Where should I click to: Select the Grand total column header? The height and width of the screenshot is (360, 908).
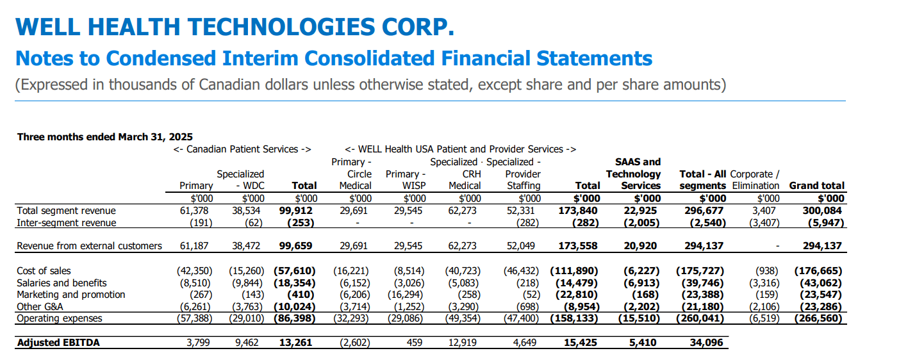(x=816, y=186)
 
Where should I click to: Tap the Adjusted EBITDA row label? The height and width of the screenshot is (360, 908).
(x=58, y=343)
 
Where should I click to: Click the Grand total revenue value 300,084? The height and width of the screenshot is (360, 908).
(x=823, y=211)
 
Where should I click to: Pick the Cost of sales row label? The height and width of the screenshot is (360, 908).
(x=44, y=271)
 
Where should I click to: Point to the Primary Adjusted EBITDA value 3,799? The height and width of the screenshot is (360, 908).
(x=199, y=343)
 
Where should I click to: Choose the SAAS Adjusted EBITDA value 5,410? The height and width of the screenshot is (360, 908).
(x=643, y=343)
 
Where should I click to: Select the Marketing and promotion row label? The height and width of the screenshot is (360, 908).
(x=70, y=295)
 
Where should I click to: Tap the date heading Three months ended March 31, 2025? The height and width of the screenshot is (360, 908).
(x=104, y=136)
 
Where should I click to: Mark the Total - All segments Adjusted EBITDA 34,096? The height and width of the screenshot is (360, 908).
(x=706, y=343)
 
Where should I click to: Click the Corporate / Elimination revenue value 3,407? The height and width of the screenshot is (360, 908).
(x=766, y=211)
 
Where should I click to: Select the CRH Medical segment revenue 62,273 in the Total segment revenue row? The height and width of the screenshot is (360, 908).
(x=462, y=211)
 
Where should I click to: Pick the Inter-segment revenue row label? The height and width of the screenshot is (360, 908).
(x=67, y=223)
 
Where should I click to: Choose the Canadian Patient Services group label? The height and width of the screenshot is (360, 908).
(x=242, y=149)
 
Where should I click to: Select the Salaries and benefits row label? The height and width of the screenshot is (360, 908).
(x=62, y=283)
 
